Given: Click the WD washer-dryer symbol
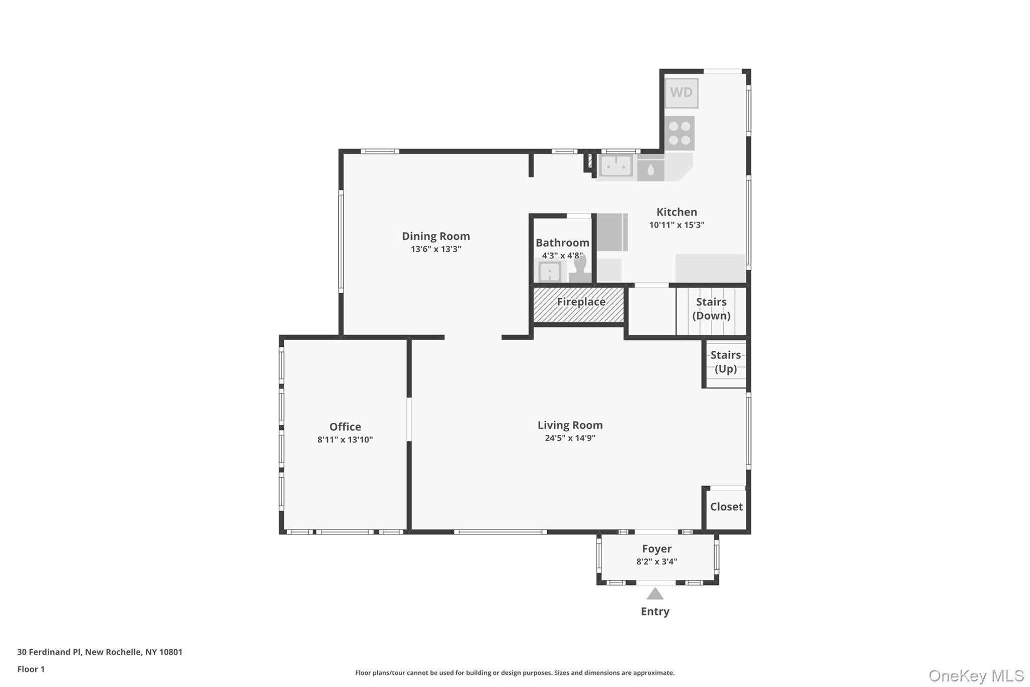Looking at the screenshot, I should [x=681, y=93].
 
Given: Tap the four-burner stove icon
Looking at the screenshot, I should [x=679, y=133].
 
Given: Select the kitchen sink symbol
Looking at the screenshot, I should [x=616, y=166].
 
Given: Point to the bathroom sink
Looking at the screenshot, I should [x=550, y=272].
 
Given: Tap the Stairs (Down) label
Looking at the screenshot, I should [x=711, y=309].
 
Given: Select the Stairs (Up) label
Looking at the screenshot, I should [x=725, y=362].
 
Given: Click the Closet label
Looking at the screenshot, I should [x=726, y=507].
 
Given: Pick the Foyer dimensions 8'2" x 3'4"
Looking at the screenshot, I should [x=656, y=562].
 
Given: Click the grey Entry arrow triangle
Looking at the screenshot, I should [x=655, y=594].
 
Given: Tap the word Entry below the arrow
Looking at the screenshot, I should [x=655, y=612].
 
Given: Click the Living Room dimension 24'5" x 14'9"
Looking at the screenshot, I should [x=570, y=438].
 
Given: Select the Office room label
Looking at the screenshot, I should [x=345, y=427].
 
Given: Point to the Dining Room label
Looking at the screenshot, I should [x=436, y=236].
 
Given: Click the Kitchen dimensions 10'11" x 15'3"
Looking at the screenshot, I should [x=676, y=225].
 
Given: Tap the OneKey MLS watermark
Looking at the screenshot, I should [x=976, y=675].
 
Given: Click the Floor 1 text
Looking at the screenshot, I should [x=31, y=669].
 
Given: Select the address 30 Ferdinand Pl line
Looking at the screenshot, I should [x=100, y=652].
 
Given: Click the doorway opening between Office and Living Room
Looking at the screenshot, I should [x=409, y=419].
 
